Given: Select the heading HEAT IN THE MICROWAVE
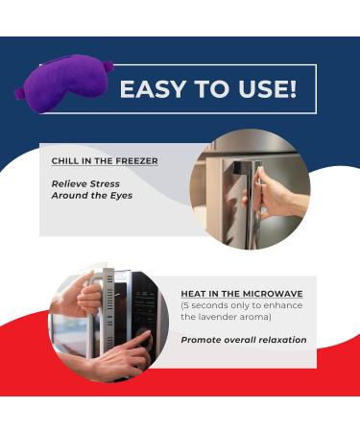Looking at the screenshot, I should click(243, 293).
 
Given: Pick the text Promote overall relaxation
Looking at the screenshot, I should click(244, 340).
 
